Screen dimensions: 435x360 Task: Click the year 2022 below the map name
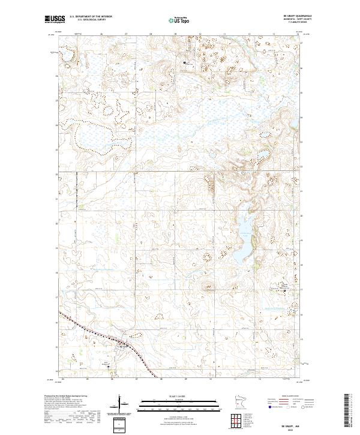coord(295,429)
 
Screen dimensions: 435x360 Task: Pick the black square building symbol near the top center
coord(185,62)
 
